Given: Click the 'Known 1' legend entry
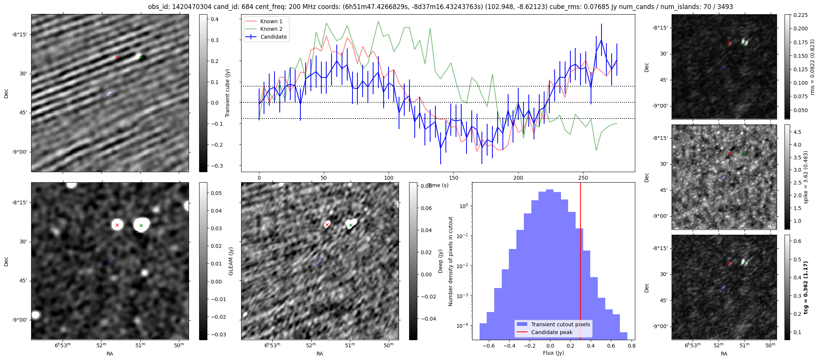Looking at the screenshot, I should [x=271, y=21].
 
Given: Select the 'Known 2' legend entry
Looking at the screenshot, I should [x=271, y=29].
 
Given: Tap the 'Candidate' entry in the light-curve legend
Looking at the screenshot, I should [x=273, y=37].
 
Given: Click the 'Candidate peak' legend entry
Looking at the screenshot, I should [x=552, y=332].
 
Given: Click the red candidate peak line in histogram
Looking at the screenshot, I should [x=580, y=262].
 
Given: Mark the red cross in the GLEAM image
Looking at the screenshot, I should [x=117, y=225].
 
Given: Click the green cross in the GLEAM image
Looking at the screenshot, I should [x=141, y=225].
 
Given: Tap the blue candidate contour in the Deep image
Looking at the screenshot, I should [x=319, y=261].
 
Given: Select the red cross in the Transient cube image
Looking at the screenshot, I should [x=117, y=57].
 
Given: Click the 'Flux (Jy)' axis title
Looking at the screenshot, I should [x=553, y=353].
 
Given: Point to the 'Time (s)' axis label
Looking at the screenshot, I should [x=438, y=185].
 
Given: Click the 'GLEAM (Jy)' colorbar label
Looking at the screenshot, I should [x=231, y=261].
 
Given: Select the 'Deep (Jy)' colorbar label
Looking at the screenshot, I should [x=441, y=261].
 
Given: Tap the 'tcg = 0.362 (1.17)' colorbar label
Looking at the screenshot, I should [x=806, y=287].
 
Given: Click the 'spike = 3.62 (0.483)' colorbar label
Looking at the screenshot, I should [x=806, y=177].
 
